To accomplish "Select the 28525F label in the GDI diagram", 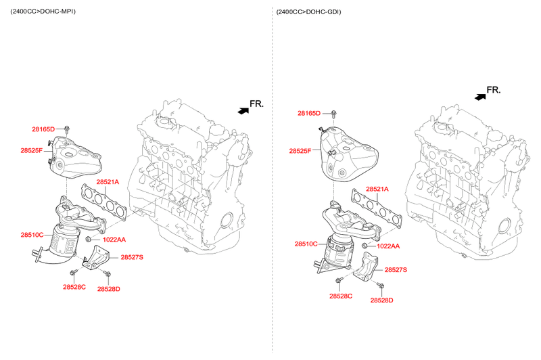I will [300, 151].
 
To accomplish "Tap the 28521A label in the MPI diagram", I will [108, 182].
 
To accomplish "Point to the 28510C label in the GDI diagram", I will [306, 244].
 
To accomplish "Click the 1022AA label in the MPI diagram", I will [114, 240].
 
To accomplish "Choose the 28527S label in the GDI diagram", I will [396, 270].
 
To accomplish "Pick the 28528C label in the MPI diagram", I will [74, 287].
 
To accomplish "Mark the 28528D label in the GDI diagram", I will [381, 300].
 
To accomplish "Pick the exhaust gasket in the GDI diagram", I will [377, 208].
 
